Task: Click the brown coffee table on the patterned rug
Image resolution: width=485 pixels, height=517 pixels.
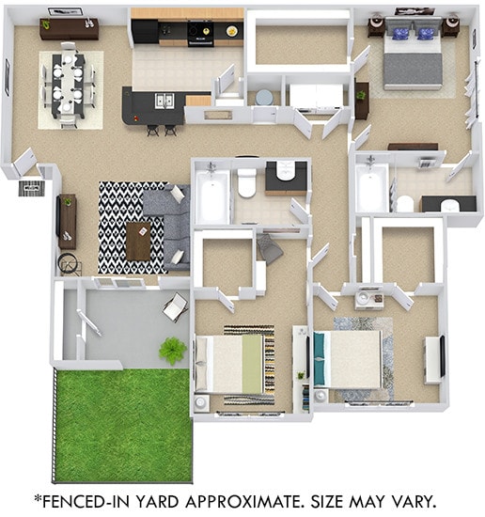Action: point(138,241)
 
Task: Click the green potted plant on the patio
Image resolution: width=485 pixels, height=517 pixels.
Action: point(172,351)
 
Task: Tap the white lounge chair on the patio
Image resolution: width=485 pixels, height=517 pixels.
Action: point(175,305)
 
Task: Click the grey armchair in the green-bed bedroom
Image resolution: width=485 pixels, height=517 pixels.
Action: point(270,248)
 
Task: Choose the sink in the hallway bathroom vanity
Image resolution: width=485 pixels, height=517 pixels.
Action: point(285,172)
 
